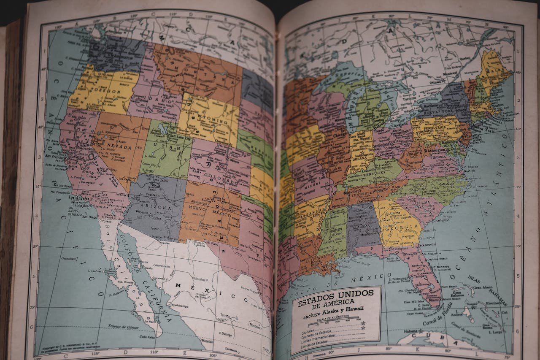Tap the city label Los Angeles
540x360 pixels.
79,198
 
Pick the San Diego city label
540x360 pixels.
90,217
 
